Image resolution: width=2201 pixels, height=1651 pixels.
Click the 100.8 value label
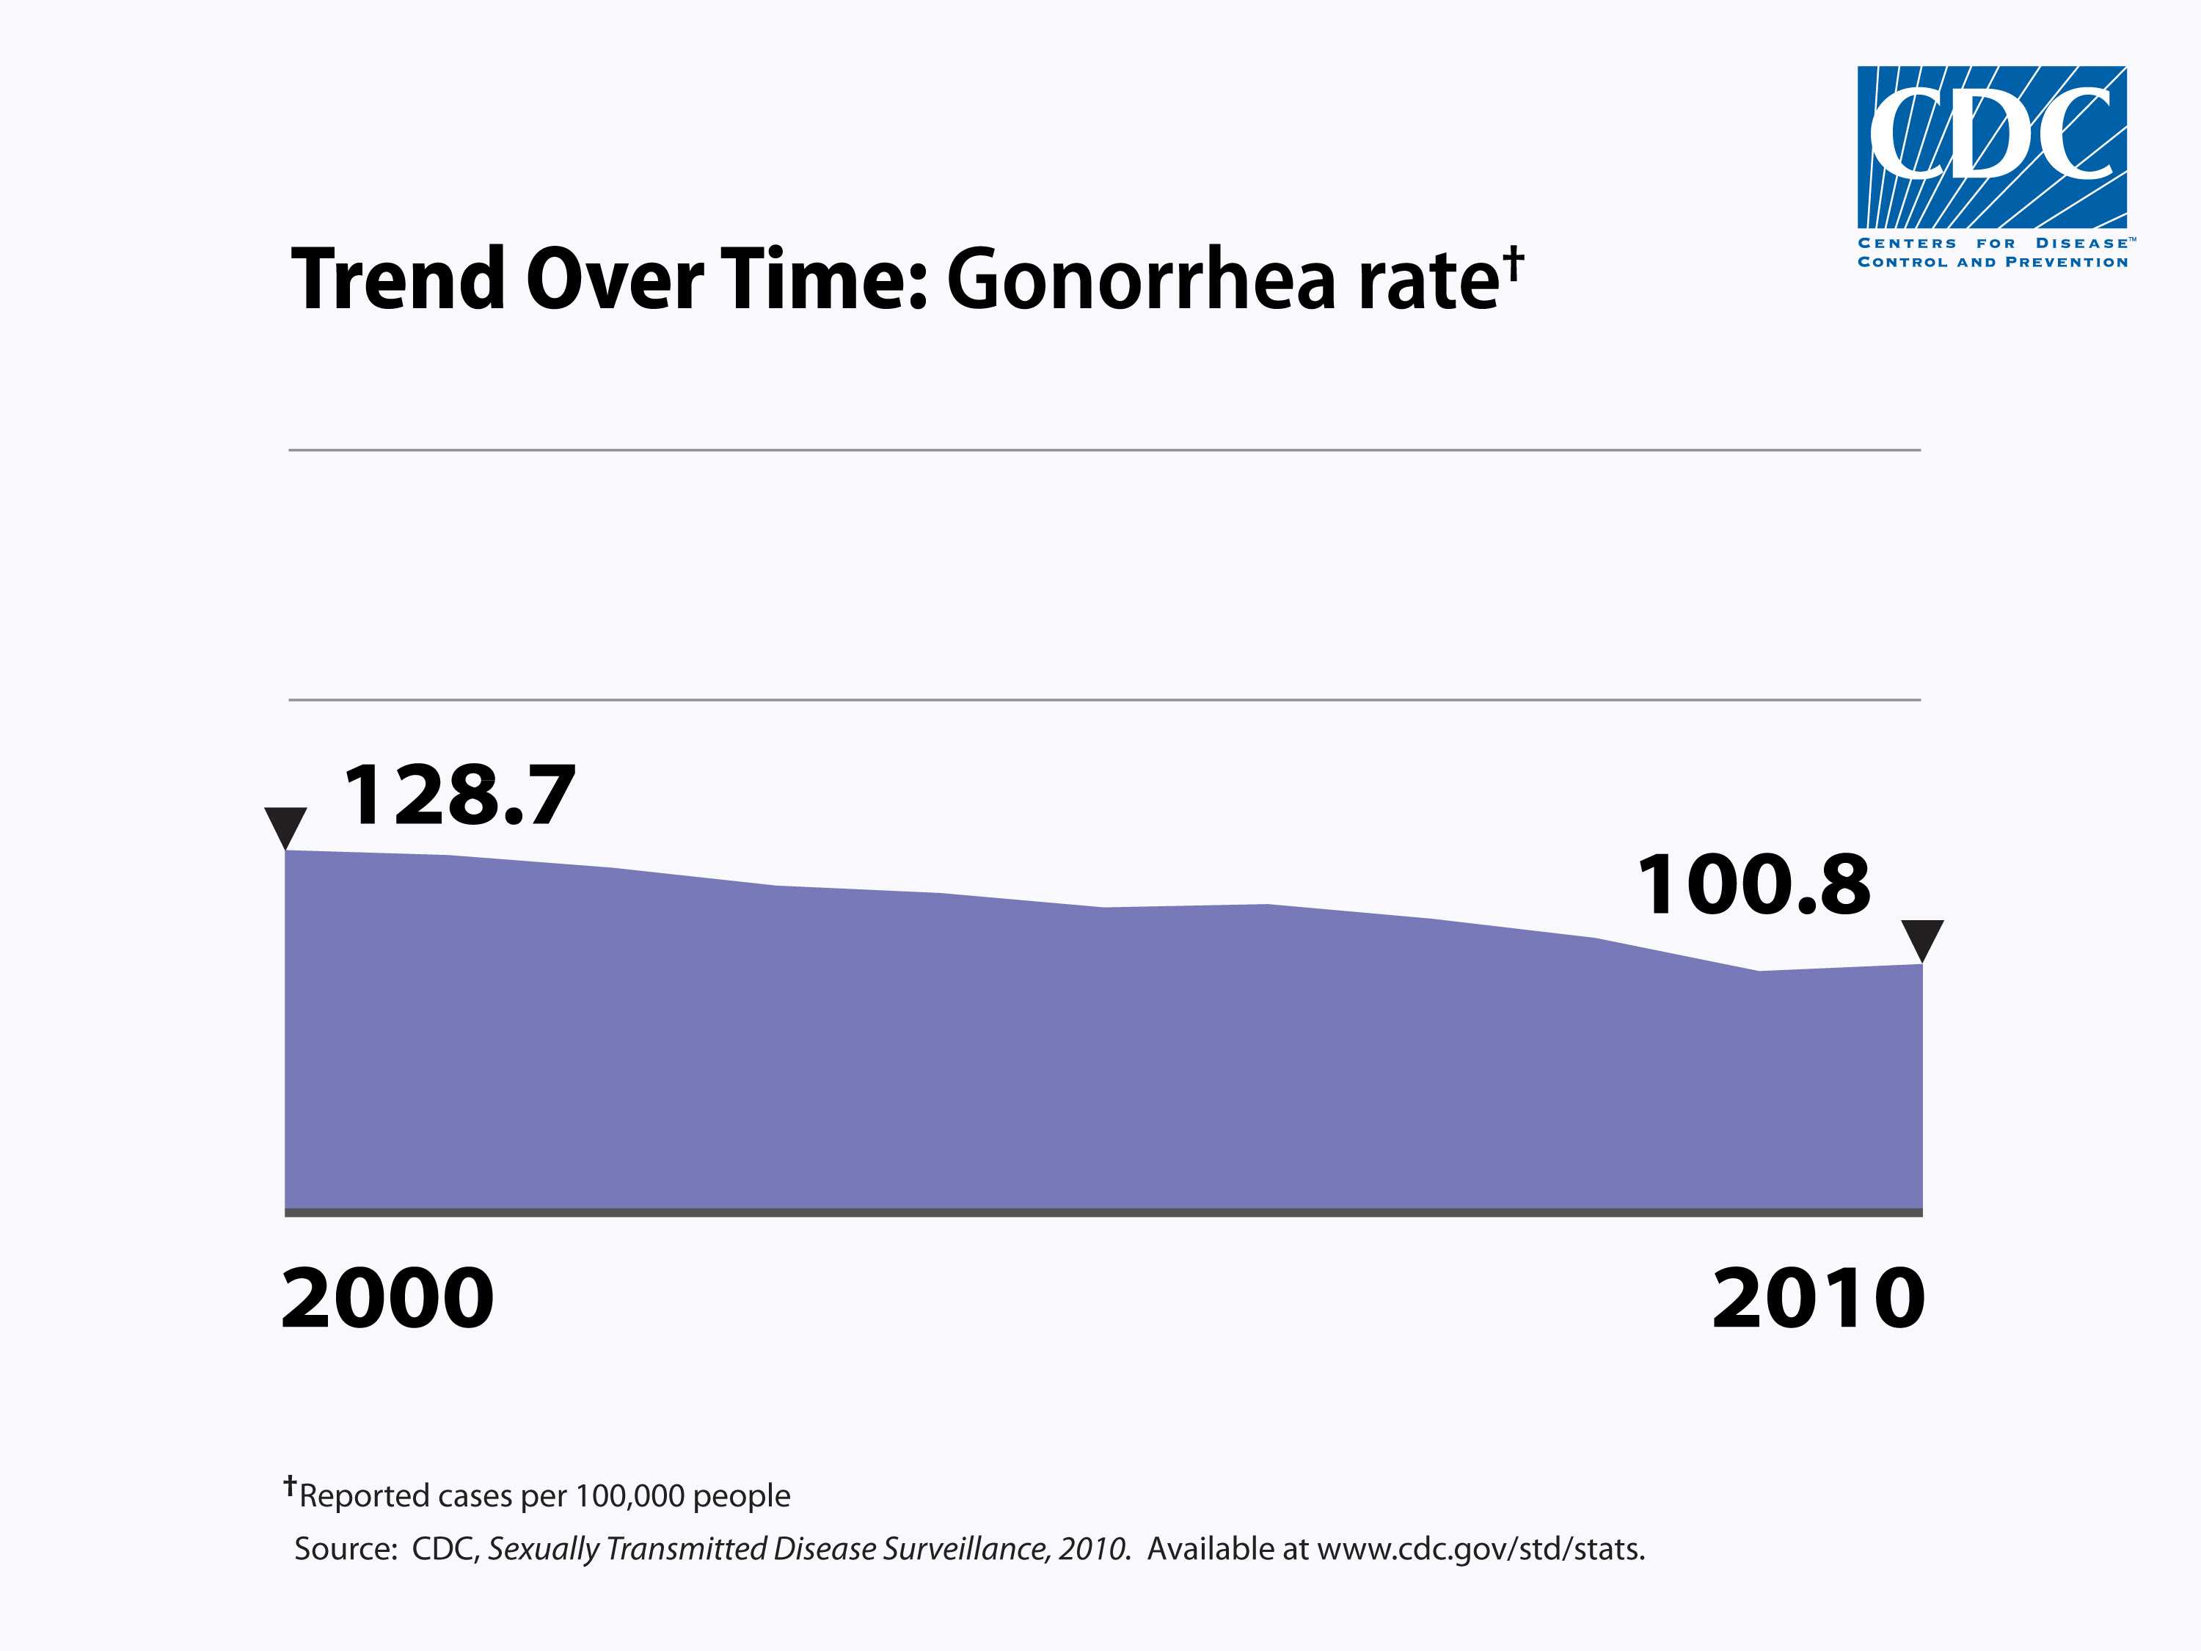coord(1753,885)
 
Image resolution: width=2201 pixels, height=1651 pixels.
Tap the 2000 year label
coord(388,1299)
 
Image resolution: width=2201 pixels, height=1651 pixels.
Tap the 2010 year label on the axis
coord(1819,1299)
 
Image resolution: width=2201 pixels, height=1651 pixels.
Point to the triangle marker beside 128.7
coord(285,827)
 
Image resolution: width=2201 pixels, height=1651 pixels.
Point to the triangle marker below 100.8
coord(1921,939)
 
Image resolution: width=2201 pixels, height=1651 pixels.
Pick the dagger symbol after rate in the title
coord(1514,263)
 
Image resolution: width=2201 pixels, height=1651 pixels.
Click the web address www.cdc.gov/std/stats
coord(1480,1550)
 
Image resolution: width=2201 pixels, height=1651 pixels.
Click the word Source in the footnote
coord(344,1550)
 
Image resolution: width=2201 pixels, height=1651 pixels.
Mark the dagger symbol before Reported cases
coord(290,1486)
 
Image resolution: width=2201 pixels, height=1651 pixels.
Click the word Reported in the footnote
coord(364,1495)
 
